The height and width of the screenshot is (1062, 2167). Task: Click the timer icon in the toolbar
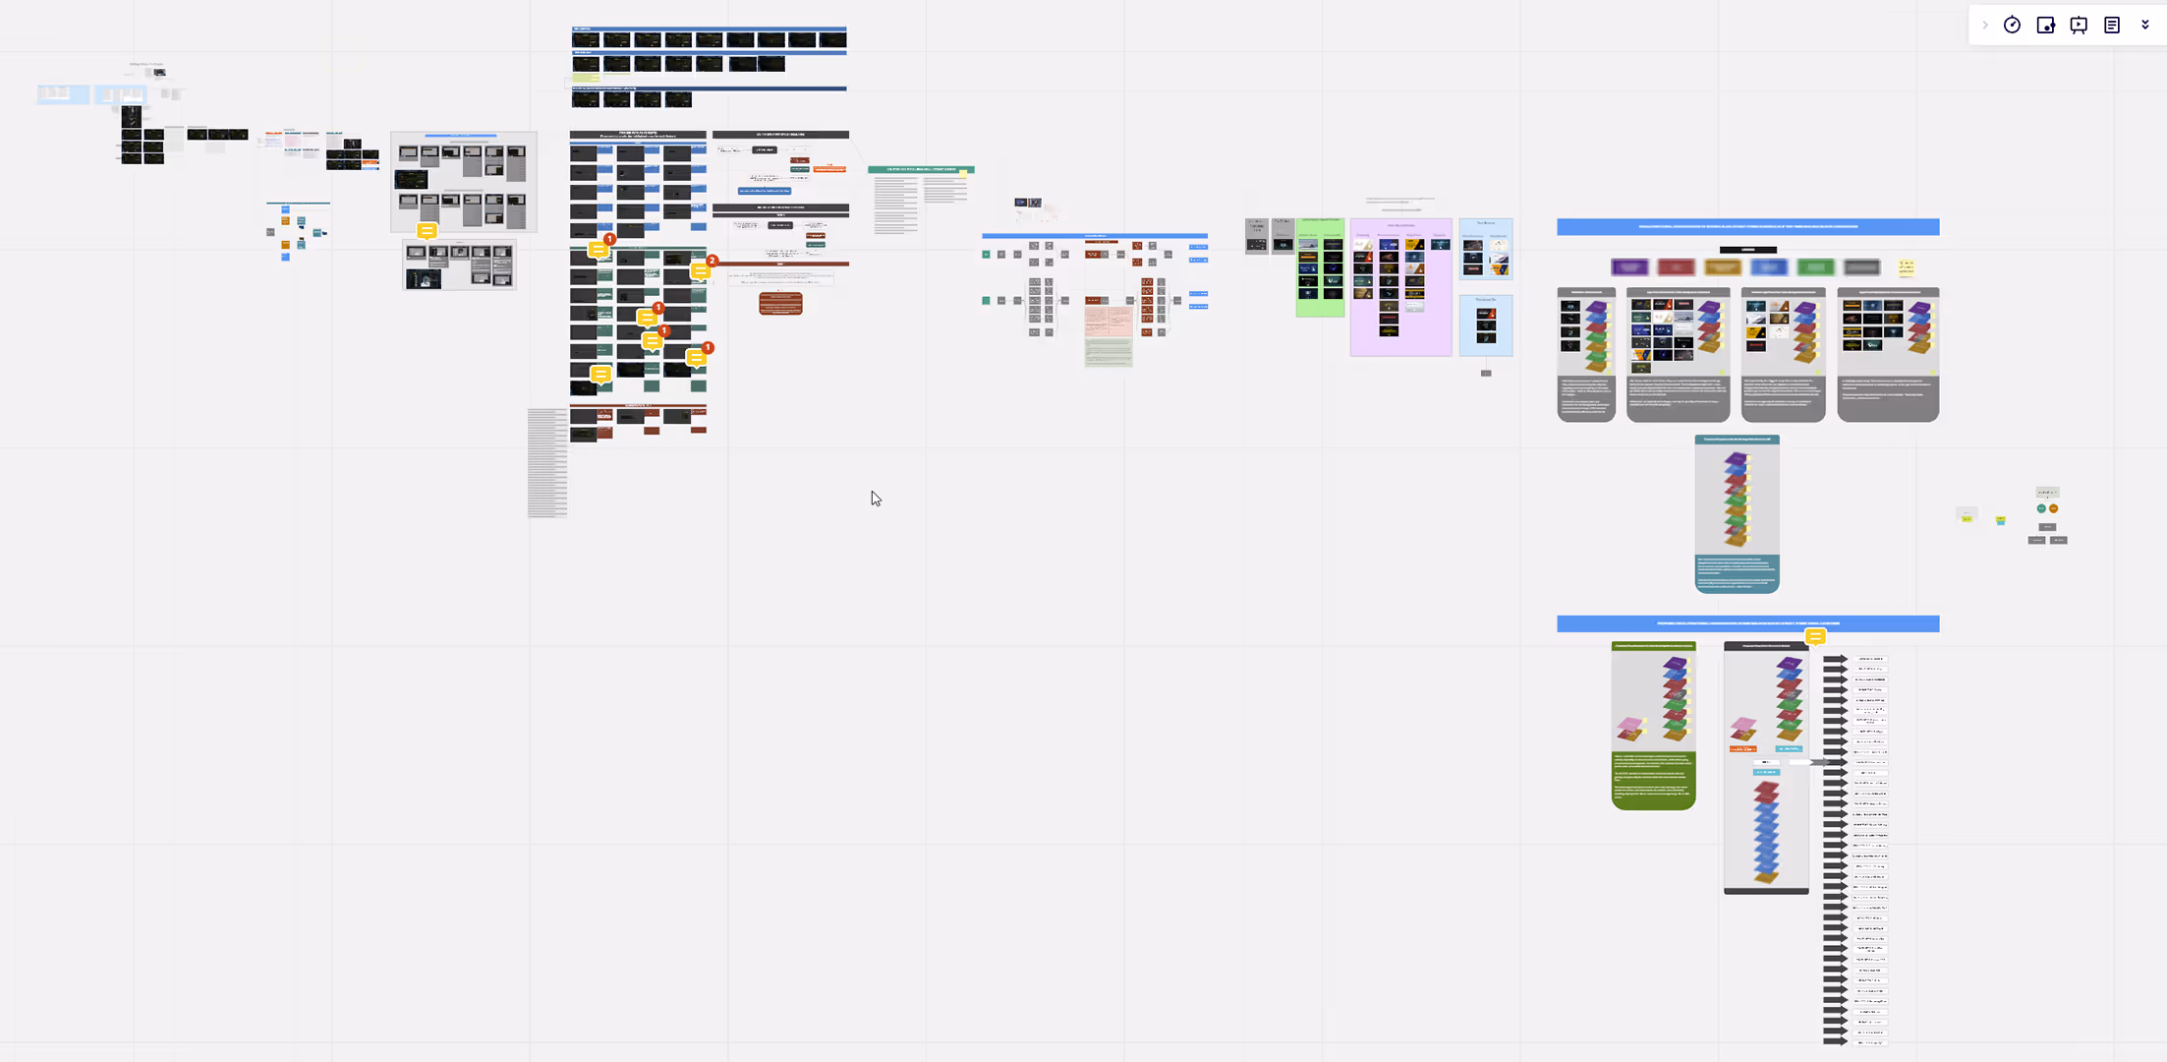[2012, 26]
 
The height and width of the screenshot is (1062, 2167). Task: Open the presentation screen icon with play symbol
[2079, 26]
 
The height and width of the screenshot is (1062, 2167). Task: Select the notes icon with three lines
[2112, 26]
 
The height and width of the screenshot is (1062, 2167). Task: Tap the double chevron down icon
[2145, 26]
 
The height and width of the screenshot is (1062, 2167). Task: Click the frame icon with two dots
[2045, 26]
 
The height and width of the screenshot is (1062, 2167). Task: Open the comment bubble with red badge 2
[702, 269]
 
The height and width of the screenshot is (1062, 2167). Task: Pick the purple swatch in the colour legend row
[1629, 267]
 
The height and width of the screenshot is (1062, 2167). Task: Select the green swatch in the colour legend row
[1815, 267]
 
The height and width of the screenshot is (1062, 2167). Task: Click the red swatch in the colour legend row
[1676, 267]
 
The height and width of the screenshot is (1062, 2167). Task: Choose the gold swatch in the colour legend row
[1722, 267]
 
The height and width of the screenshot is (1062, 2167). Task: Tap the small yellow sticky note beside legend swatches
[1907, 266]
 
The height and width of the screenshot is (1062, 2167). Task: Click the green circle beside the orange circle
[2041, 508]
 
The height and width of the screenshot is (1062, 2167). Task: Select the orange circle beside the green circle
[2053, 508]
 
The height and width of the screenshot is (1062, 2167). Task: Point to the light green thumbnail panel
[1320, 267]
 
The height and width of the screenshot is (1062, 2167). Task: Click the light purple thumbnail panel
[1400, 287]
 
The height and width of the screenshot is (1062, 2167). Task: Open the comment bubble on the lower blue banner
[1815, 637]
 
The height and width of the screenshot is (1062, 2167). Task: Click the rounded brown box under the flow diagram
[780, 303]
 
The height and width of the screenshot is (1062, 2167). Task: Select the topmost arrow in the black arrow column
[1835, 659]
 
